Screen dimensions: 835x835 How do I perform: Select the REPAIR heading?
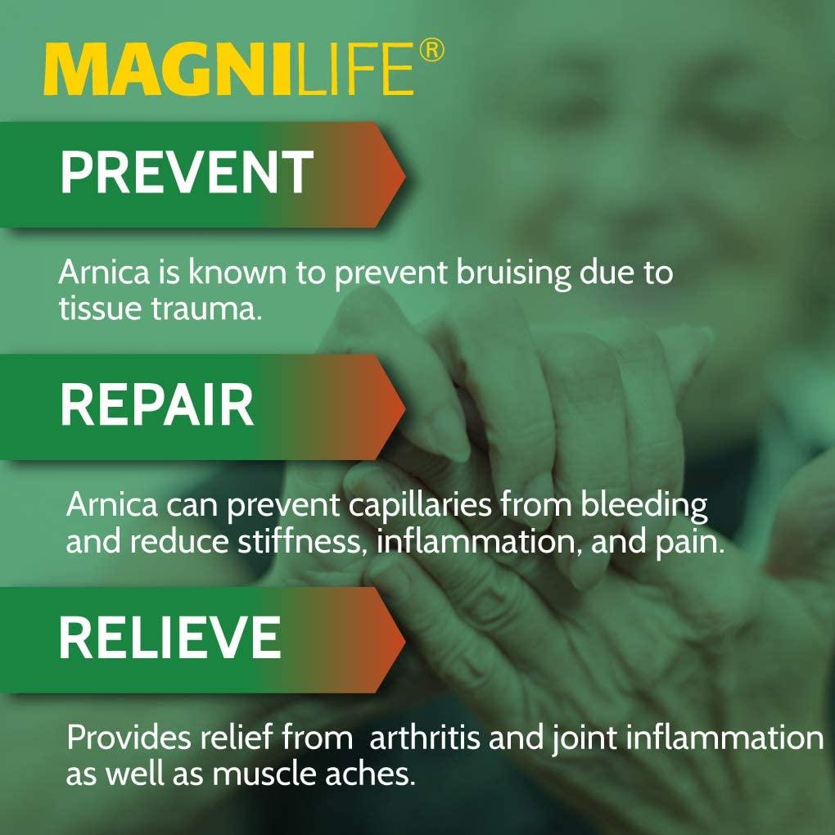(x=156, y=404)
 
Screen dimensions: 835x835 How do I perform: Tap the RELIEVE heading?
(x=169, y=637)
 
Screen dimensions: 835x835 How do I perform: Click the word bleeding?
(x=644, y=505)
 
